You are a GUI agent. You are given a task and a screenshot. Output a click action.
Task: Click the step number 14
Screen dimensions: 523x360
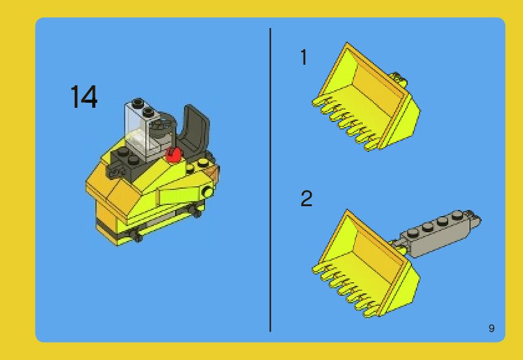(x=84, y=97)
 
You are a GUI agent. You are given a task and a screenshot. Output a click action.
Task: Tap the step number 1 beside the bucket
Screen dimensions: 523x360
(x=304, y=57)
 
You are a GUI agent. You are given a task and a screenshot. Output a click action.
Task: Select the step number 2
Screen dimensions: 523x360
(x=307, y=198)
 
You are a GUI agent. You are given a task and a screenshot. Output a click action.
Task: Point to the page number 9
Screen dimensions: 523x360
(x=491, y=328)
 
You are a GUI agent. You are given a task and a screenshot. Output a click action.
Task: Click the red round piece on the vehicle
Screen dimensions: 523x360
(x=173, y=154)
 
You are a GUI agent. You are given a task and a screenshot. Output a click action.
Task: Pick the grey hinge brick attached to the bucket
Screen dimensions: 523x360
(x=437, y=233)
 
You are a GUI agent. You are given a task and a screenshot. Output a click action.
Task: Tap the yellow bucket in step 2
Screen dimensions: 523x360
(x=365, y=263)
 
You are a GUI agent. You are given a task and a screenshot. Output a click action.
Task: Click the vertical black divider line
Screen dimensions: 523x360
(x=270, y=180)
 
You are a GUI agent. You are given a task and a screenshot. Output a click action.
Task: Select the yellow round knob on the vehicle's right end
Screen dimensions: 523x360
(x=208, y=192)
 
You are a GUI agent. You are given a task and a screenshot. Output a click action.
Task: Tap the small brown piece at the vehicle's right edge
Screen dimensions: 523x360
(x=213, y=172)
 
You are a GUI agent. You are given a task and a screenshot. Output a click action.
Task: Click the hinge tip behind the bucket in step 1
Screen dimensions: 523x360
(x=400, y=79)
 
